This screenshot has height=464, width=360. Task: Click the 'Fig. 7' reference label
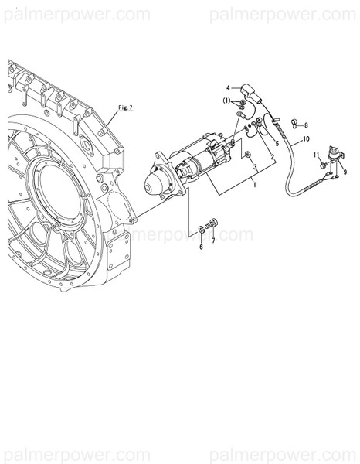coord(125,107)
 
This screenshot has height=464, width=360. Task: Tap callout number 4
coord(229,88)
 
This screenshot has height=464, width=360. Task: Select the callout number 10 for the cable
coord(306,139)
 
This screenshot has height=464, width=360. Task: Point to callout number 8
coord(305,125)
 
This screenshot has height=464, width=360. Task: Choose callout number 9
coord(345,172)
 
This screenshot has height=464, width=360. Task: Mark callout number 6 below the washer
coord(202,247)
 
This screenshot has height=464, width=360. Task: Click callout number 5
coord(277,144)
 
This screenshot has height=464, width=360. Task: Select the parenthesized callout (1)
coord(227,101)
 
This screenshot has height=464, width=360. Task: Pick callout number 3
coord(255,167)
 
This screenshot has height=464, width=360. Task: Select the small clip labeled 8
coord(294,122)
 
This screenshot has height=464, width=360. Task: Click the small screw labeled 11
coord(322,164)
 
